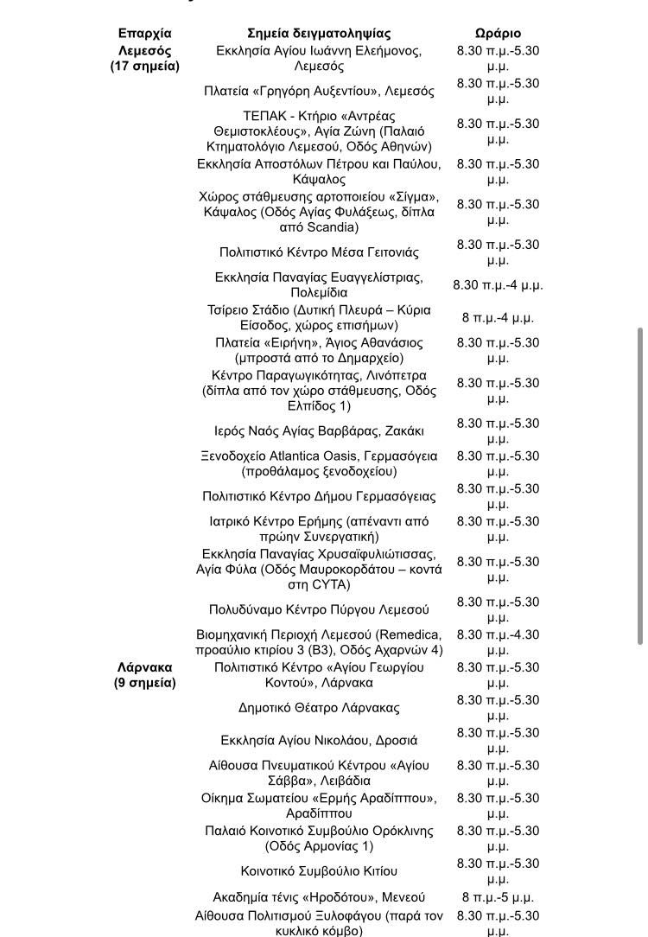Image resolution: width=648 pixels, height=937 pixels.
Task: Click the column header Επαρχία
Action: [x=144, y=34]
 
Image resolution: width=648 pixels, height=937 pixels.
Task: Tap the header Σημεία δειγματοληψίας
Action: [x=319, y=34]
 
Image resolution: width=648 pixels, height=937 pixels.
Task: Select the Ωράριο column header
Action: [x=498, y=34]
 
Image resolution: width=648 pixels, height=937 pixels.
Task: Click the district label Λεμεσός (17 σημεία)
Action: [x=144, y=58]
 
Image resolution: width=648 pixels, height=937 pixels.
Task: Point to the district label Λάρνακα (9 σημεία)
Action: [x=144, y=675]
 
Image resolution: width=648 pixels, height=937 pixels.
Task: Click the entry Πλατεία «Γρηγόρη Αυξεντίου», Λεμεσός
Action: [x=319, y=91]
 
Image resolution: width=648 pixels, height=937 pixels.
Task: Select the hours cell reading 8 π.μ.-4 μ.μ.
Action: [x=498, y=317]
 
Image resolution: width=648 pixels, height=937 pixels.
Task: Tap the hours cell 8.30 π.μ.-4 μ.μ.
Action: [x=498, y=285]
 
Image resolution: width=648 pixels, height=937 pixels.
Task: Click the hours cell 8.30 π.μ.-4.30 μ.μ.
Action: [x=498, y=642]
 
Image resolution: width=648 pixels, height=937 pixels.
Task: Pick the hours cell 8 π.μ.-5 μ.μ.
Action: [x=498, y=897]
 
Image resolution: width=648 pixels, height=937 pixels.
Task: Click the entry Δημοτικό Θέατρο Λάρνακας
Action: [x=319, y=708]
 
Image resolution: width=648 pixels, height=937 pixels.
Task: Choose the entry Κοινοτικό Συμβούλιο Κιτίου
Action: [x=319, y=871]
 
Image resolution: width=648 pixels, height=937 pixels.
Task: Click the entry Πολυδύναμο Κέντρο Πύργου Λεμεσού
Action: [x=319, y=610]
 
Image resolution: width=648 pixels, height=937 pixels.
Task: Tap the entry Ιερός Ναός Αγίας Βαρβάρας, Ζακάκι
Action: [x=319, y=430]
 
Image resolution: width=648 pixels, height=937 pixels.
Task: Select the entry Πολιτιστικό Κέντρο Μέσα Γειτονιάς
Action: [x=319, y=252]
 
